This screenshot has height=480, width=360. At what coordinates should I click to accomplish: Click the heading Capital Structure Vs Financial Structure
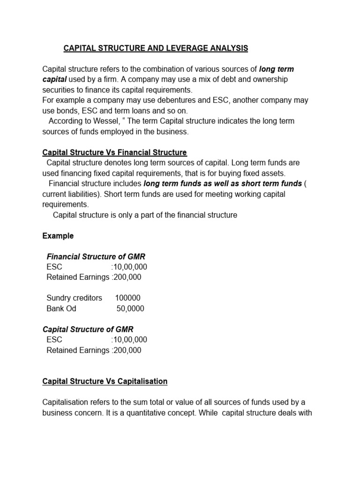pos(114,152)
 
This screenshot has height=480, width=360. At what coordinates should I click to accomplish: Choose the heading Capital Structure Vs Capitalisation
pos(105,381)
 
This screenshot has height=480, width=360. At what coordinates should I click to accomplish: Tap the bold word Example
pos(58,236)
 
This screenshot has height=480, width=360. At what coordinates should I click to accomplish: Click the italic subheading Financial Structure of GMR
pos(96,256)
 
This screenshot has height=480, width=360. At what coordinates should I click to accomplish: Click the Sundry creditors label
pos(74,298)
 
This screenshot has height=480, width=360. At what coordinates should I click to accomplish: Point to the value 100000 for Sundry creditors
pos(127,298)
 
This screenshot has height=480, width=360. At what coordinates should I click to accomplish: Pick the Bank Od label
pos(61,308)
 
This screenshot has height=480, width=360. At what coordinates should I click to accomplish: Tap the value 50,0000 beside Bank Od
pos(130,308)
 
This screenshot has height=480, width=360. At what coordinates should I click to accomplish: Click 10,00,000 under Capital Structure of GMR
pos(130,340)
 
